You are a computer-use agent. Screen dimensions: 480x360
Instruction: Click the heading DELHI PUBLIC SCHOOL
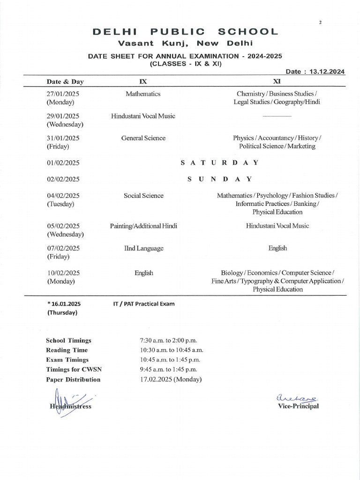click(185, 32)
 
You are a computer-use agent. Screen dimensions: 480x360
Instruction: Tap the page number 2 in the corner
click(320, 22)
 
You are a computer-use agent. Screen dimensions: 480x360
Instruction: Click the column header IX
click(143, 81)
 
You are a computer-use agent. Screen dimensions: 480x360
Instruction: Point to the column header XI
click(277, 81)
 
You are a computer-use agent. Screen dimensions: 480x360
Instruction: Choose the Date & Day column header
click(65, 82)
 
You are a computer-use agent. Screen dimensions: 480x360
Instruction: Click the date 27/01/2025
click(63, 94)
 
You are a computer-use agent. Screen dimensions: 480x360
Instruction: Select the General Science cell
click(143, 138)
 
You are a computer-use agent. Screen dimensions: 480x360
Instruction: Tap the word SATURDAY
click(219, 163)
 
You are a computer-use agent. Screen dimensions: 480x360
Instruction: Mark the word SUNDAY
click(219, 179)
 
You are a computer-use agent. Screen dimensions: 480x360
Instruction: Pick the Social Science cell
click(143, 195)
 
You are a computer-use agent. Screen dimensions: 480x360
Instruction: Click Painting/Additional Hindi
click(143, 226)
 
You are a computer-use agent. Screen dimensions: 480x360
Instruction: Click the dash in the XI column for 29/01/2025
click(277, 116)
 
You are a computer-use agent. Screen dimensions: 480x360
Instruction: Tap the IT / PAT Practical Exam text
click(144, 304)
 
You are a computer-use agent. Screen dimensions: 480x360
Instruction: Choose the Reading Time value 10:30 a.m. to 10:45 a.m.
click(168, 350)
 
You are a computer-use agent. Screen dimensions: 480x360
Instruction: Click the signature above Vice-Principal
click(291, 397)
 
